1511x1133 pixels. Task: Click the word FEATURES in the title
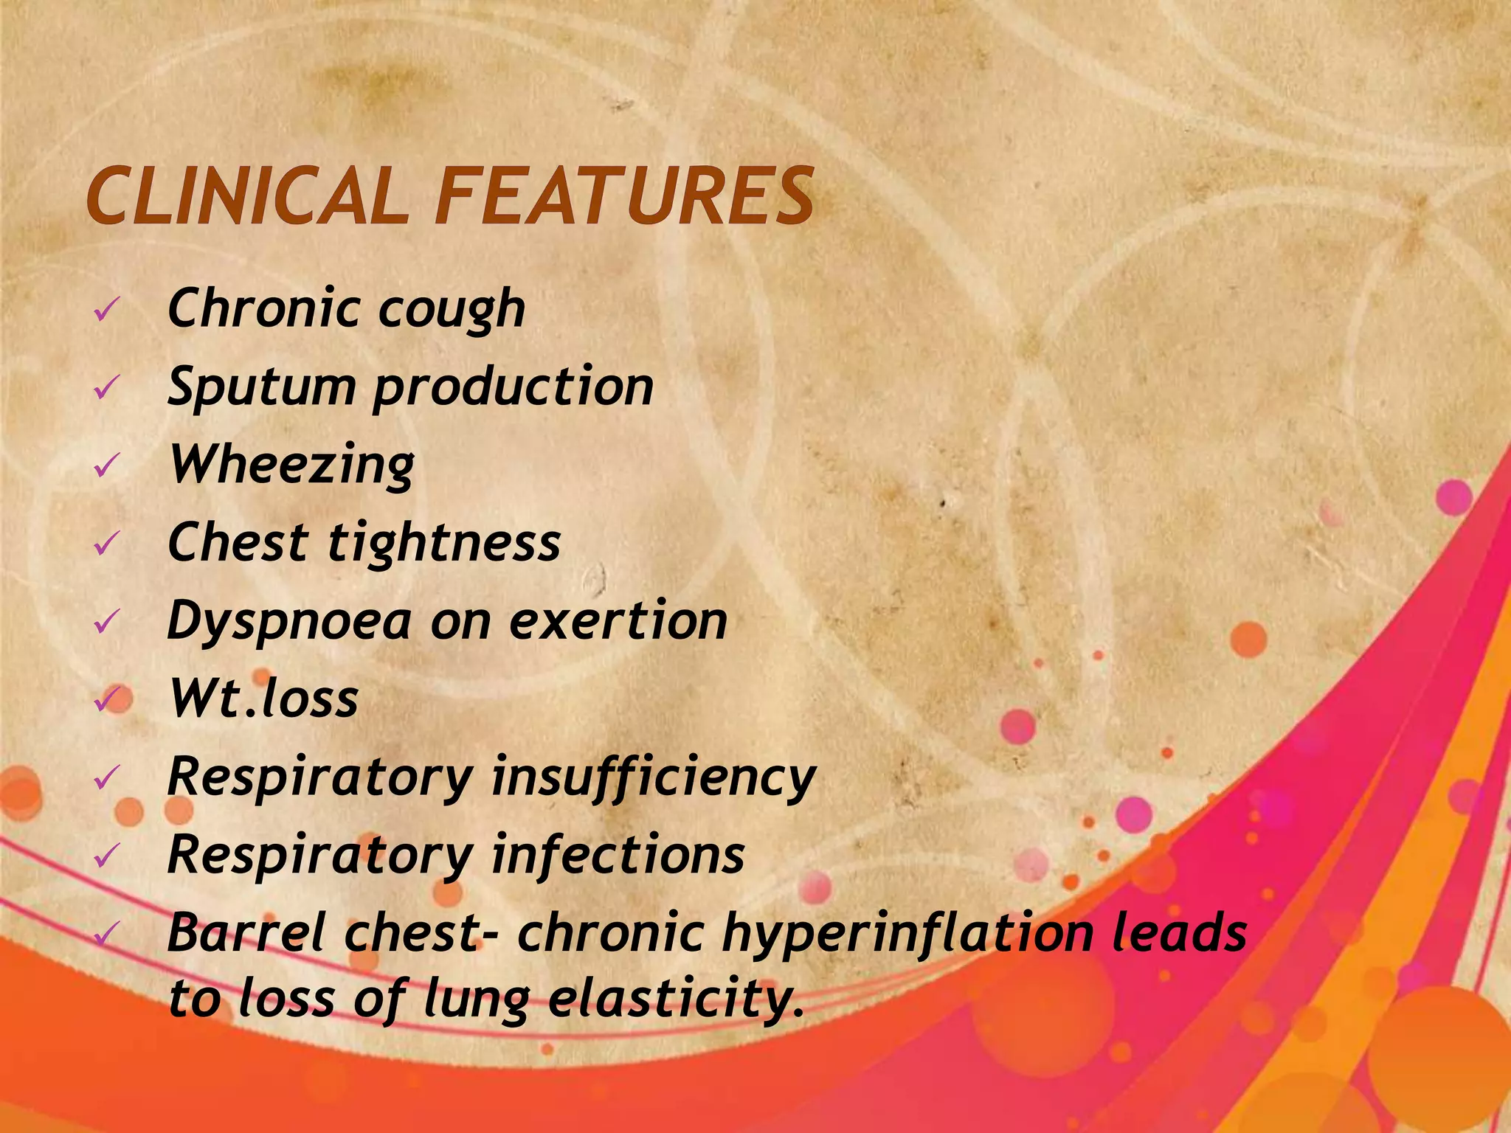[x=624, y=196]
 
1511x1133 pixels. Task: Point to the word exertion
[x=618, y=621]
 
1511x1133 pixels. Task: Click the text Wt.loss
[x=264, y=698]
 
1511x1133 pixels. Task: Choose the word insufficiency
[x=654, y=777]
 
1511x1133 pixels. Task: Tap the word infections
[x=618, y=854]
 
